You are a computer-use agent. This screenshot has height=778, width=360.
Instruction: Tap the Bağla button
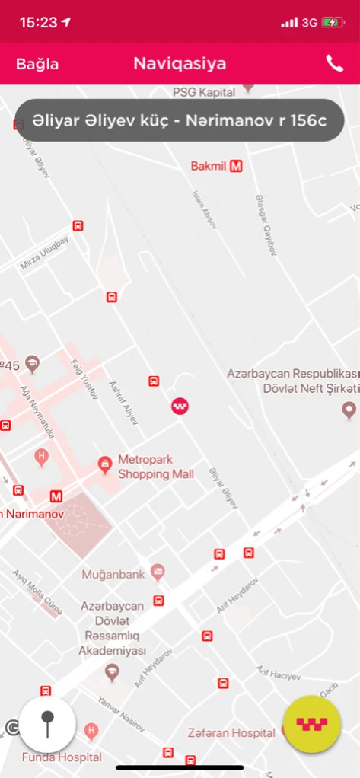(37, 64)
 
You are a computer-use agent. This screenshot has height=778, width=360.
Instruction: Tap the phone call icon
(335, 64)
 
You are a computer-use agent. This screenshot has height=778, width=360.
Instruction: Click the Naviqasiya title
(180, 64)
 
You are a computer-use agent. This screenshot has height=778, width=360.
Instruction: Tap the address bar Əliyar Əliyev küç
(180, 120)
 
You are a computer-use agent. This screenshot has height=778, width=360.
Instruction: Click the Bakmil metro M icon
(236, 166)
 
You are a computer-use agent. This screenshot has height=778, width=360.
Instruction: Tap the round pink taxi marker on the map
(180, 407)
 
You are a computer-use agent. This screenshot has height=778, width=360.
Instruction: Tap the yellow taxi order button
(311, 724)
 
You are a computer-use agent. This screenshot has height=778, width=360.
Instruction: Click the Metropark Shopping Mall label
(155, 467)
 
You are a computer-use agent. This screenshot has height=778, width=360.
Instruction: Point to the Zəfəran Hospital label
(231, 732)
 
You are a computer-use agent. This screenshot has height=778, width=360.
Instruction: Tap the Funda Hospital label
(62, 757)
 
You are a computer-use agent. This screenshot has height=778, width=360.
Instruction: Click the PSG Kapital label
(202, 91)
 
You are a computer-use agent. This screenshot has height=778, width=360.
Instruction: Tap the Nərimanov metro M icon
(56, 497)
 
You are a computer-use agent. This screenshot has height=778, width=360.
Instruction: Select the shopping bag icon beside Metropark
(105, 463)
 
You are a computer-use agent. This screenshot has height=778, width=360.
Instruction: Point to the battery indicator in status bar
(333, 23)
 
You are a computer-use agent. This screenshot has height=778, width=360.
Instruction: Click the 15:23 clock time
(38, 23)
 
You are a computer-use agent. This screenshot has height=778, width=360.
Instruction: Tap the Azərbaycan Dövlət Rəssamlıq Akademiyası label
(113, 628)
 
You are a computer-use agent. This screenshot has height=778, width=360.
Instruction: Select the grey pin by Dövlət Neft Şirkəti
(349, 411)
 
